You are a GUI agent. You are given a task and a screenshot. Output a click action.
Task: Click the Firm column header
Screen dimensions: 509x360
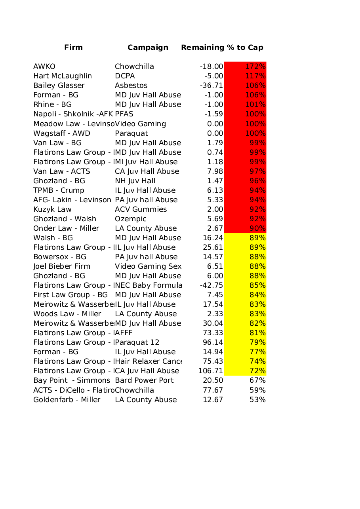(x=74, y=47)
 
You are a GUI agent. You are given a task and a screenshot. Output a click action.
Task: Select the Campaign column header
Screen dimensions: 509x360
(x=148, y=47)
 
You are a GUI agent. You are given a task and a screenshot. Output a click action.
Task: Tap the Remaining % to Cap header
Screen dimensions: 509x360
(x=222, y=47)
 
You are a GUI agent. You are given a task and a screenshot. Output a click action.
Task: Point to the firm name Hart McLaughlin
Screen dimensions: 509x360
(x=63, y=76)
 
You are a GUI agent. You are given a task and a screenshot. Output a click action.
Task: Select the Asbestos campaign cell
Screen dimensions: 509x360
(x=131, y=85)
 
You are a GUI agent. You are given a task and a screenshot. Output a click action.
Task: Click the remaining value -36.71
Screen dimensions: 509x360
(x=211, y=85)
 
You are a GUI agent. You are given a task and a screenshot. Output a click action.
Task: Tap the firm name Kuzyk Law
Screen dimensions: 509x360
(x=52, y=209)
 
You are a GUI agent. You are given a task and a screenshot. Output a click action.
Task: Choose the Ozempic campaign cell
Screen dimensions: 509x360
(x=131, y=219)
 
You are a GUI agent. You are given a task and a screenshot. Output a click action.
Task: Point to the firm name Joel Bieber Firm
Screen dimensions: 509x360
(x=62, y=266)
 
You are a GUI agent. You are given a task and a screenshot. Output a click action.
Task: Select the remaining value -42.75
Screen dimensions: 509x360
(x=211, y=285)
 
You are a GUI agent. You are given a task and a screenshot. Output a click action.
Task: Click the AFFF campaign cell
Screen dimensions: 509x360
(x=124, y=333)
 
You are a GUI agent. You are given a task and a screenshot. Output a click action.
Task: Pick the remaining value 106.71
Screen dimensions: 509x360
(x=211, y=371)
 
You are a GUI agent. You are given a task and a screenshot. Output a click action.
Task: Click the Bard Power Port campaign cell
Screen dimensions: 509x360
(x=144, y=380)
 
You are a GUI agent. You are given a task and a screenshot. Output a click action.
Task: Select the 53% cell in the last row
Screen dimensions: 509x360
(x=257, y=400)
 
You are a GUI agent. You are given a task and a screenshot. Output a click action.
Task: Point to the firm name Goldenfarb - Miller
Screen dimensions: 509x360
(x=67, y=400)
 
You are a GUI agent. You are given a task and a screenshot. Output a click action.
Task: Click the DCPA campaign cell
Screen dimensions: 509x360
(x=125, y=76)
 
